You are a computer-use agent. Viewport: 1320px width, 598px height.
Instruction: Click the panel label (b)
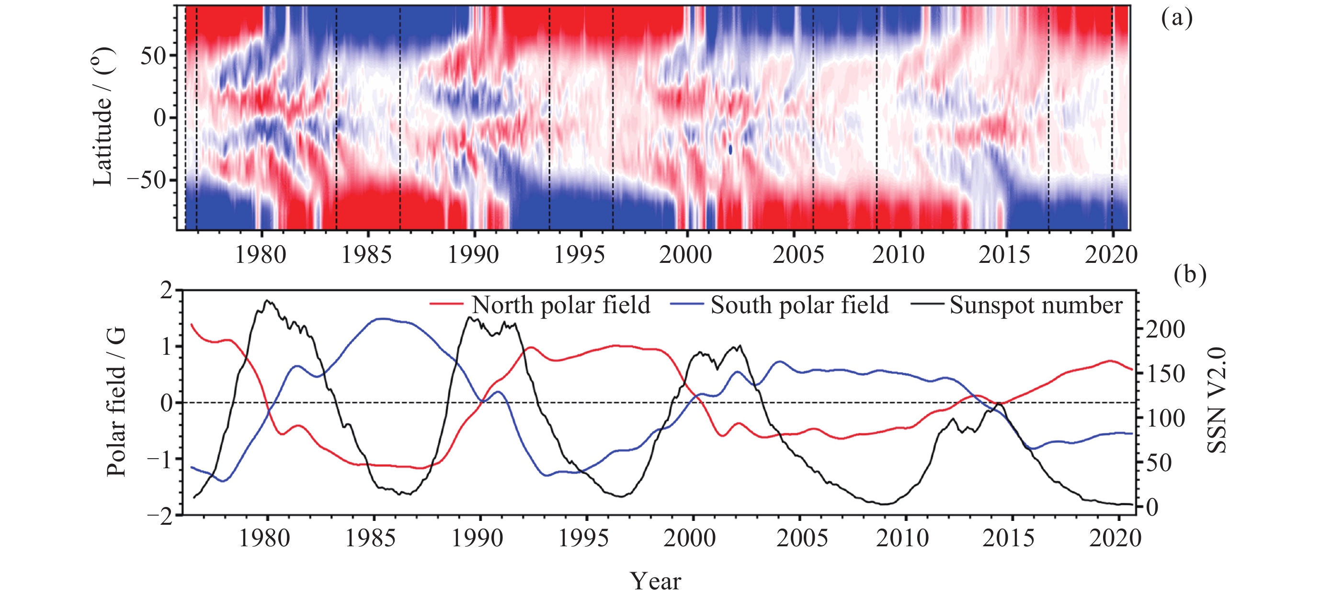click(x=1189, y=275)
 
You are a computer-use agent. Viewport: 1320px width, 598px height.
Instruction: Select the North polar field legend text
click(x=560, y=305)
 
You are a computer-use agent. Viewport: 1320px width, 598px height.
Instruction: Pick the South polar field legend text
click(x=799, y=305)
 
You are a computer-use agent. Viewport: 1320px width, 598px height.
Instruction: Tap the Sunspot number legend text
click(x=1036, y=305)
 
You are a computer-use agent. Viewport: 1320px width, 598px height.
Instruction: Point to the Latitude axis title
click(x=103, y=117)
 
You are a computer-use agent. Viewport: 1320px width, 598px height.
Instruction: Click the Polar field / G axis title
click(x=116, y=403)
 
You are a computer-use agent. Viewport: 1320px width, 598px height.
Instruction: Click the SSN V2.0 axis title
click(x=1217, y=401)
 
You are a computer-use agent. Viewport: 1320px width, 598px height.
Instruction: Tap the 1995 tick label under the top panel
click(x=580, y=255)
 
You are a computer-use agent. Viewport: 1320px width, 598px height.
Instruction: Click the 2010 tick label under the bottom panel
click(x=902, y=539)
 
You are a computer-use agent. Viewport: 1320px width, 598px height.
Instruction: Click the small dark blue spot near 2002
click(x=730, y=149)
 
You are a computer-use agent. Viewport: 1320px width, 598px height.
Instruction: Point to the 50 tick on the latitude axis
click(x=153, y=56)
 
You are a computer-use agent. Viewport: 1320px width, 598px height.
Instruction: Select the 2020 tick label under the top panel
click(x=1111, y=255)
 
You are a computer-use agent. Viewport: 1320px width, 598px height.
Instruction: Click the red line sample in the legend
click(x=446, y=304)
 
